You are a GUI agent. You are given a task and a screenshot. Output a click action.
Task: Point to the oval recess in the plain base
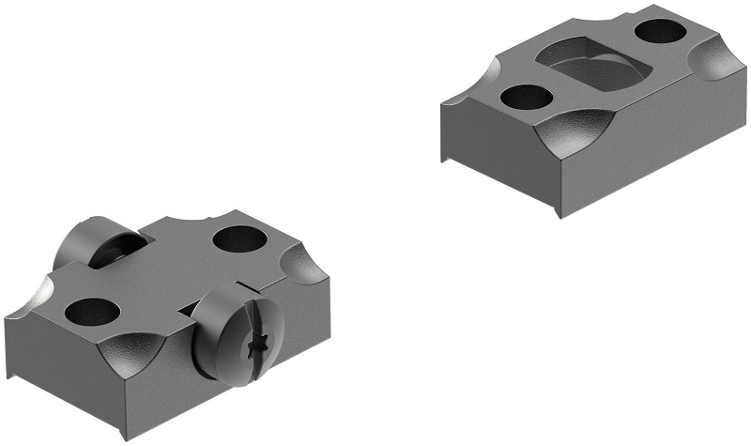(590, 68)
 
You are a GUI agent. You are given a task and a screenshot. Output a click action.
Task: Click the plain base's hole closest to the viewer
(526, 96)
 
